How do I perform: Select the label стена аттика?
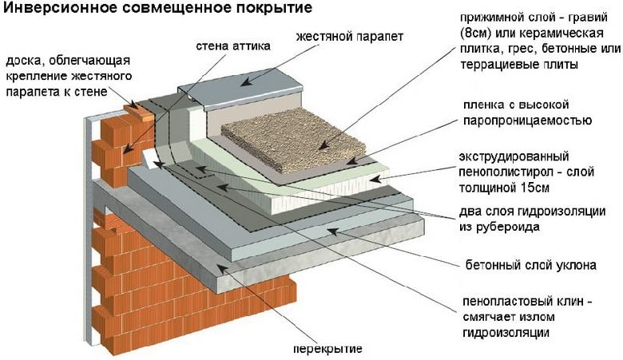click(x=233, y=45)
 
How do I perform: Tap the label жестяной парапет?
click(x=350, y=37)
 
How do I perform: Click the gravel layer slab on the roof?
click(x=293, y=140)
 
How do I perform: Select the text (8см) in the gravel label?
click(x=474, y=33)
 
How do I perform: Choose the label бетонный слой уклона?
click(x=530, y=265)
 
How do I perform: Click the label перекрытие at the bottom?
click(x=328, y=349)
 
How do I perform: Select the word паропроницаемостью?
click(x=528, y=121)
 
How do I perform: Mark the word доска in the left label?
click(x=23, y=61)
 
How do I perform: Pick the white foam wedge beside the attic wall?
click(x=150, y=159)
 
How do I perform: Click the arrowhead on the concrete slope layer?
click(x=333, y=231)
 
